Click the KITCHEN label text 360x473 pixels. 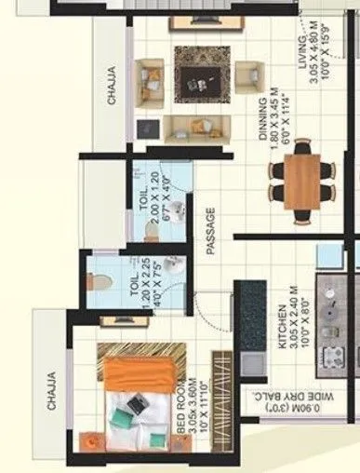coord(284,346)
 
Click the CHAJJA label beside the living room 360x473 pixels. coord(112,82)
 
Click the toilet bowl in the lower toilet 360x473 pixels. coord(102,282)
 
